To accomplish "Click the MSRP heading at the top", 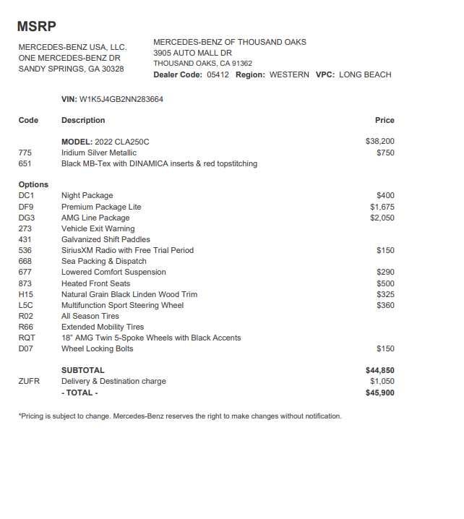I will [x=36, y=27].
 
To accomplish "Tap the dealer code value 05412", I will [x=218, y=74].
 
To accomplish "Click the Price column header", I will [x=384, y=120].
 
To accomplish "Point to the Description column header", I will [x=83, y=120].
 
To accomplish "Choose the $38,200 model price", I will [x=380, y=142].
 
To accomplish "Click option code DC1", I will [x=26, y=196].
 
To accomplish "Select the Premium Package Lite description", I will [x=101, y=207].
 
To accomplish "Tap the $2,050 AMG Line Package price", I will [x=382, y=218].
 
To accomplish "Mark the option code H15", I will [x=26, y=294].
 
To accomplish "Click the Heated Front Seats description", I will [x=95, y=283].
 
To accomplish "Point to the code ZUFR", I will [x=29, y=381].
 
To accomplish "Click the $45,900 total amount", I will [x=380, y=393].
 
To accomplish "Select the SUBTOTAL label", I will [x=82, y=370].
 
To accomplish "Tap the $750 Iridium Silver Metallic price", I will [x=385, y=153].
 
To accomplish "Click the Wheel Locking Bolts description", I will [x=97, y=348].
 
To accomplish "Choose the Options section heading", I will [x=33, y=184].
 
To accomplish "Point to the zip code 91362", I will [x=241, y=64].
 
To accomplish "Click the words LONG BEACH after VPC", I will [x=365, y=74].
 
